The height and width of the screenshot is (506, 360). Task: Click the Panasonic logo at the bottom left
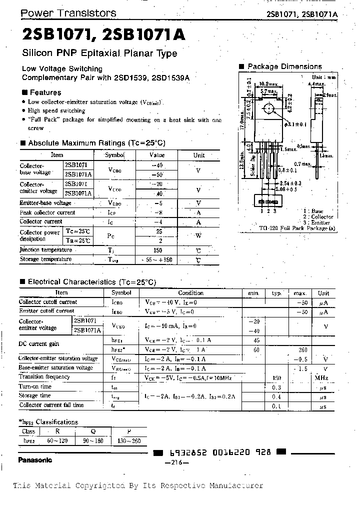point(35,459)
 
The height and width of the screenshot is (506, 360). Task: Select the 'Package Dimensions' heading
point(284,66)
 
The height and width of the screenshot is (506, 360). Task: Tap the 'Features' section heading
point(45,92)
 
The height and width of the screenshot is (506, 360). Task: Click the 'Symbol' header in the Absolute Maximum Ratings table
point(114,155)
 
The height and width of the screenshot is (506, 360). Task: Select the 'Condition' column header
point(190,293)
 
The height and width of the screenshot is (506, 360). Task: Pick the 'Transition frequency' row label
point(44,376)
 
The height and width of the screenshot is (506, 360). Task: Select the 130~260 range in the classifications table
point(129,440)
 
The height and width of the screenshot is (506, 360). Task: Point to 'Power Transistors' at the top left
point(68,13)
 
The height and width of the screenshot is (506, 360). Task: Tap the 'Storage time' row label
point(34,395)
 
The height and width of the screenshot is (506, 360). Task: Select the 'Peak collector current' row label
point(47,212)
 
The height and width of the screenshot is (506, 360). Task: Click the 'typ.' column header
point(276,293)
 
